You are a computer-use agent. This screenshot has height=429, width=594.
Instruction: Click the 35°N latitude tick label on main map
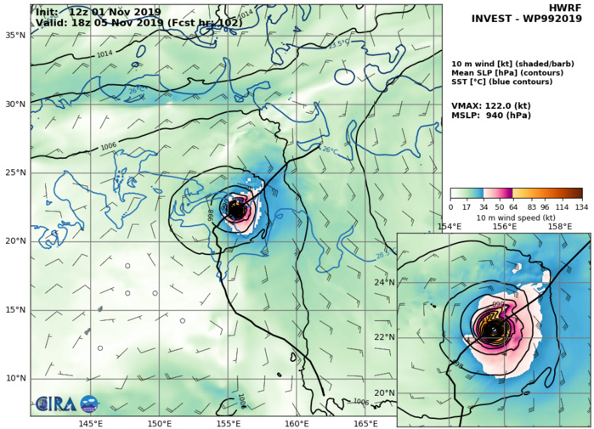click(15, 36)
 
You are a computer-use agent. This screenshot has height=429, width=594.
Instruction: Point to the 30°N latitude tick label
click(15, 104)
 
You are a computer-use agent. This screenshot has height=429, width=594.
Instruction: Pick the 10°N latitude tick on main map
click(15, 378)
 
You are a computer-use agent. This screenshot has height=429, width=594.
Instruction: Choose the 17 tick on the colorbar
click(467, 206)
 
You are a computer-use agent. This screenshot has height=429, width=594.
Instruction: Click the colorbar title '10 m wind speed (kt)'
click(516, 216)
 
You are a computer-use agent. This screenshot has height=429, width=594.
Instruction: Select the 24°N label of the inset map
click(385, 282)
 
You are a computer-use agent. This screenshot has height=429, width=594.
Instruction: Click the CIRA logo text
click(57, 404)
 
